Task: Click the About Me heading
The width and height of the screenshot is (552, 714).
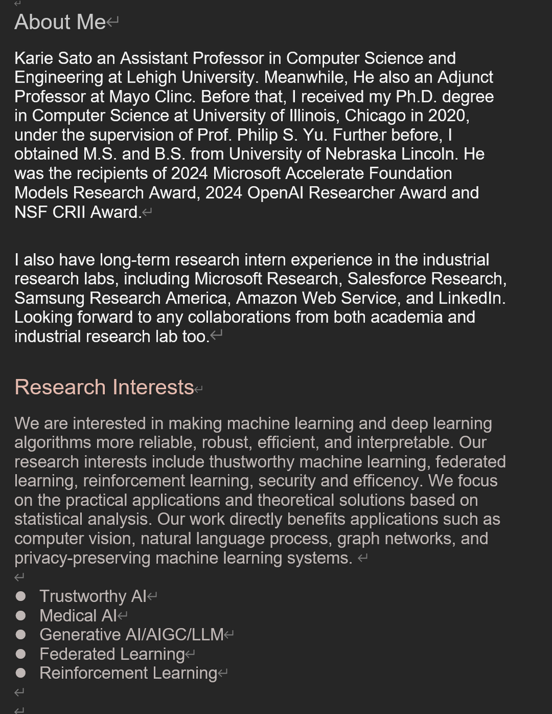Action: click(x=60, y=22)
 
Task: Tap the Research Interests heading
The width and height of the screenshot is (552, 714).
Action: click(x=104, y=387)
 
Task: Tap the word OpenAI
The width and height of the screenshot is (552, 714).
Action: click(x=275, y=192)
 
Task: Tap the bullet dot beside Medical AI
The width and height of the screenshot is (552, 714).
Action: click(x=21, y=616)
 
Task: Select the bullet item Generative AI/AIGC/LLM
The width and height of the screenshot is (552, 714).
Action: click(x=132, y=635)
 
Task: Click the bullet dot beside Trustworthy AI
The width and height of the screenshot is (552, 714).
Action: click(x=21, y=596)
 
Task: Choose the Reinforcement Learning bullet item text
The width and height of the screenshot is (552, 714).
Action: click(x=128, y=673)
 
